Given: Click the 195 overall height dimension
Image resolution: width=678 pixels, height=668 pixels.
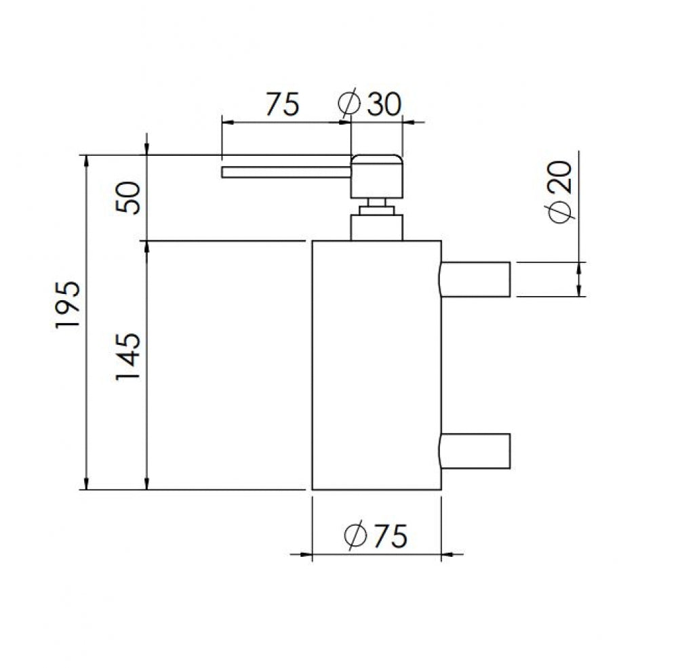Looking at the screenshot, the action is pyautogui.click(x=68, y=305).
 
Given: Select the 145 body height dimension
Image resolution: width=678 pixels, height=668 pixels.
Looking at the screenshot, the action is pyautogui.click(x=128, y=356).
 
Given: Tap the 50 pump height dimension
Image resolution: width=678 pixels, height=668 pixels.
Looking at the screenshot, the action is pyautogui.click(x=128, y=198).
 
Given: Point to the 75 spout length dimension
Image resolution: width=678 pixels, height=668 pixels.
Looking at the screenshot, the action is pyautogui.click(x=282, y=104).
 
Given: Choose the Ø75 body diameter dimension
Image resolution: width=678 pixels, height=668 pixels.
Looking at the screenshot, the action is pyautogui.click(x=376, y=536).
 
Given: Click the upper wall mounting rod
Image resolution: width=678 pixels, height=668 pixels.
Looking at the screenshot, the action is pyautogui.click(x=475, y=279).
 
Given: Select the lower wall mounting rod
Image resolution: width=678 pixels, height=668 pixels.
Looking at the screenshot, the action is pyautogui.click(x=475, y=451).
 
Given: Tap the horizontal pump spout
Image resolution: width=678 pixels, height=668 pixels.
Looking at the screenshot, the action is pyautogui.click(x=286, y=172).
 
